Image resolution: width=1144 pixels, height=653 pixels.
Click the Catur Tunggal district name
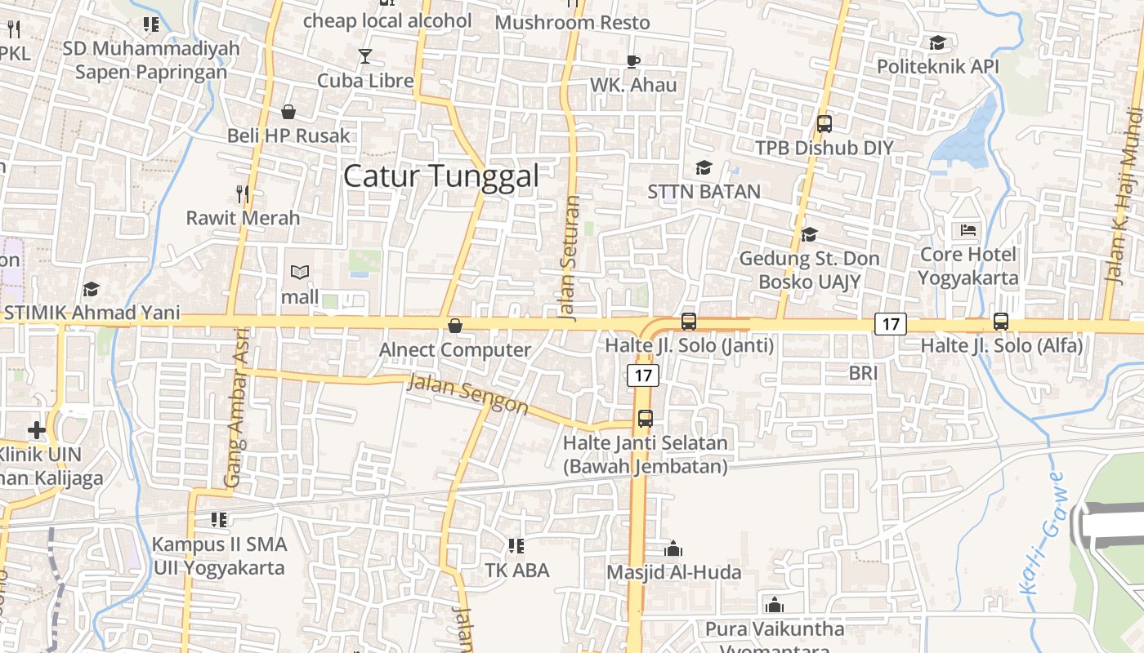click(441, 176)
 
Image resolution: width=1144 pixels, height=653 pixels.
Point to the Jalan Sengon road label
click(467, 393)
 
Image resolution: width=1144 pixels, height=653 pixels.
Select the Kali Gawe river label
click(1040, 531)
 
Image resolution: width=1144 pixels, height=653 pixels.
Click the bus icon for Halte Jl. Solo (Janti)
click(689, 322)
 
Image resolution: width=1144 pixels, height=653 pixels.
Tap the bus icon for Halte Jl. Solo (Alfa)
click(1001, 322)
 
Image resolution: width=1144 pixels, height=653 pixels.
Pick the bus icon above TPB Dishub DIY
click(824, 124)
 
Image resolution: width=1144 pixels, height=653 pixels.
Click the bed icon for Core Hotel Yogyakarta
click(968, 230)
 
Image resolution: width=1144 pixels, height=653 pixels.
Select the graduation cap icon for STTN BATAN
click(704, 168)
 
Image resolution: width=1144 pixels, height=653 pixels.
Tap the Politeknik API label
click(932, 66)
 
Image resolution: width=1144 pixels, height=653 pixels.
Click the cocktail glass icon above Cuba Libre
click(364, 56)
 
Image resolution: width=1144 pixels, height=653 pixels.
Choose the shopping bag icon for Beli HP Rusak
click(288, 112)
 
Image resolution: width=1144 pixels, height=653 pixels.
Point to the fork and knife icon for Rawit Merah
click(243, 194)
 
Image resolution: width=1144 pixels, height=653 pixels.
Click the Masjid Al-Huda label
click(673, 572)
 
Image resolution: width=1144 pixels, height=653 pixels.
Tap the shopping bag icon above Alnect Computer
click(455, 326)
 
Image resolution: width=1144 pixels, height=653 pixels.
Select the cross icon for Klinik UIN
click(37, 429)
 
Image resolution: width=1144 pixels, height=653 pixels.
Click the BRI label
click(863, 373)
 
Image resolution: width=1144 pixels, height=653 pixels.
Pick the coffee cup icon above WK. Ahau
click(633, 61)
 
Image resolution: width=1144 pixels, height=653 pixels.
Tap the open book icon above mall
click(300, 273)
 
